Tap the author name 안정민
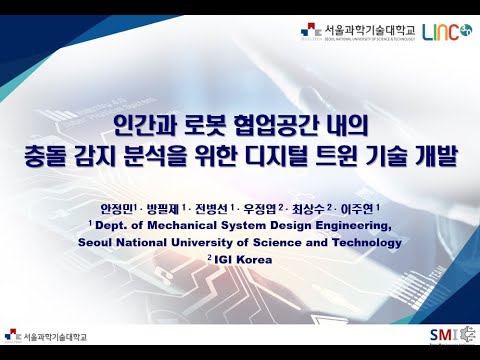pyautogui.click(x=116, y=208)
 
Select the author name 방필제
pyautogui.click(x=166, y=208)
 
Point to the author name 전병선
pyautogui.click(x=215, y=208)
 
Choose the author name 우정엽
pyautogui.click(x=265, y=208)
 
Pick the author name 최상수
pyautogui.click(x=314, y=208)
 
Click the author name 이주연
pyautogui.click(x=364, y=208)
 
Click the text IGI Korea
pyautogui.click(x=243, y=260)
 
